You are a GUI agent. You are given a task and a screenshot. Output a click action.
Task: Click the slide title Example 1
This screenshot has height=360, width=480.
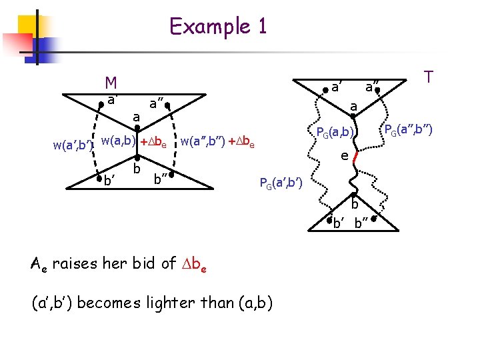(x=218, y=27)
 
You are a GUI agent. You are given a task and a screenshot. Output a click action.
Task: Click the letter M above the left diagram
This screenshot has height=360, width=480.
(x=111, y=83)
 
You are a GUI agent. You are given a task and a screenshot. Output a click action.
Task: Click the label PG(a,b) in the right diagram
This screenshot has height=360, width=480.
(x=337, y=131)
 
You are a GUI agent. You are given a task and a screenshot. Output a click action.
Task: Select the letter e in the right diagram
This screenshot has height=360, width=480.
(x=343, y=156)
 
